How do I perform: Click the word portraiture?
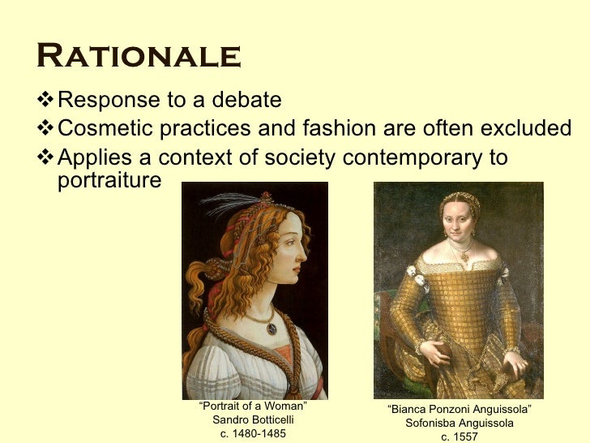click(x=109, y=179)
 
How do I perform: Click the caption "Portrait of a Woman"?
click(x=253, y=406)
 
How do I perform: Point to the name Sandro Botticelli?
click(x=253, y=420)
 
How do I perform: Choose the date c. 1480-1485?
click(x=253, y=434)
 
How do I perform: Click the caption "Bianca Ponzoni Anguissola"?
click(x=460, y=410)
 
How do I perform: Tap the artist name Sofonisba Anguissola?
click(x=460, y=424)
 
